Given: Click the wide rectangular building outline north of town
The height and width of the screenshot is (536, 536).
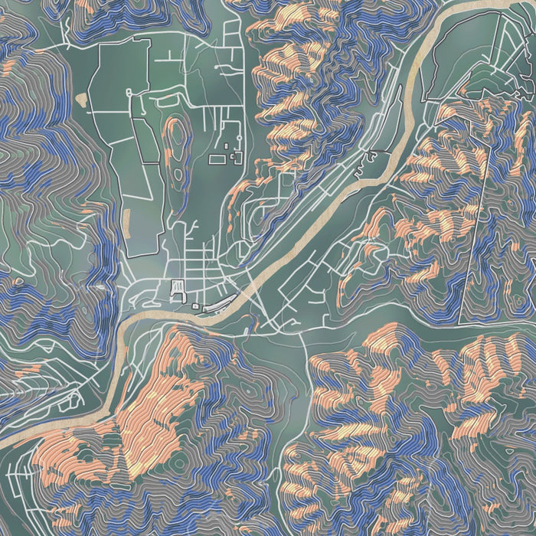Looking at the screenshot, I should [x=217, y=159].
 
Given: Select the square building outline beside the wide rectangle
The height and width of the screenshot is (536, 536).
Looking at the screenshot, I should [x=233, y=158].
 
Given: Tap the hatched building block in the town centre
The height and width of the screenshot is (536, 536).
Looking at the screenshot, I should [x=178, y=289].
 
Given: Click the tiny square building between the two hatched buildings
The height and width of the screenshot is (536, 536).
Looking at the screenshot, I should [x=196, y=306].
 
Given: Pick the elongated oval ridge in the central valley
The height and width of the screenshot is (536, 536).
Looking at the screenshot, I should [x=175, y=145].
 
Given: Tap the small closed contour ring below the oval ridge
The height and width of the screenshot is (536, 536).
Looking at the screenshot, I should [x=178, y=175].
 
